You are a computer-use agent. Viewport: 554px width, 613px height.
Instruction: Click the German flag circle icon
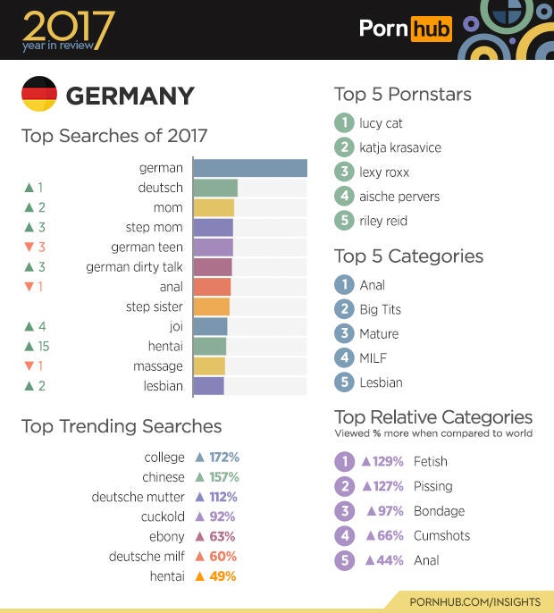coord(38,95)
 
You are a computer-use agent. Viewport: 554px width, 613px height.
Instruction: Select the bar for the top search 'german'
coord(250,168)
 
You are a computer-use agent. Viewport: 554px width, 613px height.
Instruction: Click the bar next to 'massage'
coord(209,366)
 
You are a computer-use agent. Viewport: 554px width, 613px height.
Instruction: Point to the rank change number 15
coord(43,347)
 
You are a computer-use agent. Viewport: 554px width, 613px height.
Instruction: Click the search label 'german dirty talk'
coord(134,267)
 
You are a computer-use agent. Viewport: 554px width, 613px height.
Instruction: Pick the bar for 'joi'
coord(210,327)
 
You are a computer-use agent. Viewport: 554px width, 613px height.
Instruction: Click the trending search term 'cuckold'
coord(163,516)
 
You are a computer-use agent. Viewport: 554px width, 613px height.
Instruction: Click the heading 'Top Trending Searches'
coord(122,426)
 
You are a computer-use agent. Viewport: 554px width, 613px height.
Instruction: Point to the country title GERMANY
coord(130,96)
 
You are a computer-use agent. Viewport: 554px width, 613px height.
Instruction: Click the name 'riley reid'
coord(383,221)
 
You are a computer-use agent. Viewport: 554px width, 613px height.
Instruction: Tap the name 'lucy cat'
coord(381,123)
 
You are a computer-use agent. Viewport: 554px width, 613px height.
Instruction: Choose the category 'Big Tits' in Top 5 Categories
coord(380,309)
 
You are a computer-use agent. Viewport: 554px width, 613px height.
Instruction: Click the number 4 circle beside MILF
coord(344,357)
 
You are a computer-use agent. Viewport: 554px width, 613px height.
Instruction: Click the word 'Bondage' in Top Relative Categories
coord(439,511)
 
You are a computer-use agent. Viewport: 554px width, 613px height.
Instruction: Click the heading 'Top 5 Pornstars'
coord(402,94)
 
